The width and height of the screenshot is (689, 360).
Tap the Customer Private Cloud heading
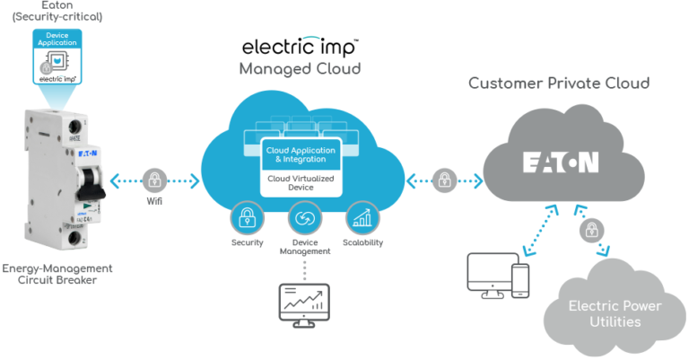pyautogui.click(x=559, y=83)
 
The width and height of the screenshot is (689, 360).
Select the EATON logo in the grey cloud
pyautogui.click(x=562, y=163)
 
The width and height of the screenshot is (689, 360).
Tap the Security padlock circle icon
pyautogui.click(x=245, y=217)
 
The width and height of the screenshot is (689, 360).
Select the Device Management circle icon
pyautogui.click(x=305, y=217)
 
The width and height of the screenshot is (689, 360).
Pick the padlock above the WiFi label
pyautogui.click(x=155, y=179)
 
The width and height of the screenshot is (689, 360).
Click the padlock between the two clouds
pyautogui.click(x=444, y=179)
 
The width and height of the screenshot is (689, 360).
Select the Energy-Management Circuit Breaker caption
pyautogui.click(x=57, y=274)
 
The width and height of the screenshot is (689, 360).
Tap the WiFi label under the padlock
pyautogui.click(x=155, y=200)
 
